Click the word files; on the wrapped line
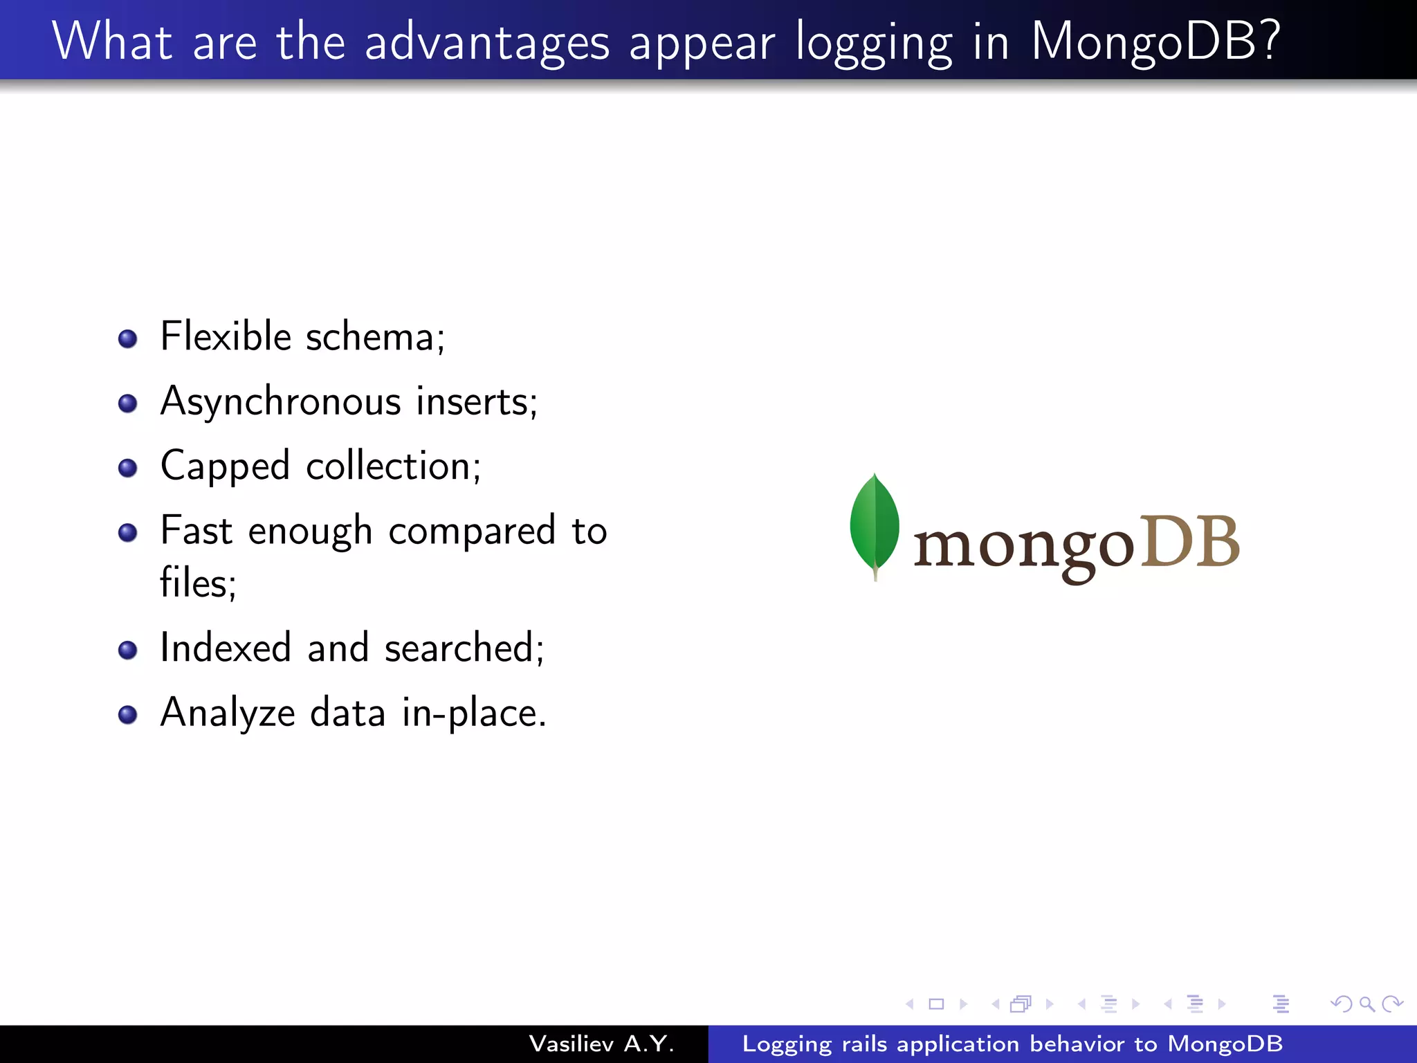[198, 583]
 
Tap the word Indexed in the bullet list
[225, 648]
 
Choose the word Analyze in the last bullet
[228, 714]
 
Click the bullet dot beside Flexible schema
[127, 338]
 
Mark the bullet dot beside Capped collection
[127, 468]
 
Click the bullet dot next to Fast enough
[127, 532]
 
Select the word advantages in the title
[487, 43]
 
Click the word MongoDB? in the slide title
[1155, 43]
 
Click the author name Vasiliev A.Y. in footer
[601, 1044]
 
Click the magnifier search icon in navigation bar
[1366, 1003]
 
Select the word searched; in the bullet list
[464, 648]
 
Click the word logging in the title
[874, 43]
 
